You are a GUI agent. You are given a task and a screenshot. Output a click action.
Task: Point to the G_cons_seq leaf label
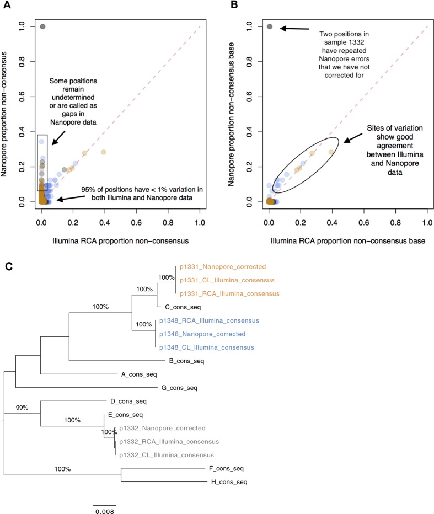click(179, 388)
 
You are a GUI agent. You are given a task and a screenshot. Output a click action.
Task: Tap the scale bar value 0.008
click(104, 511)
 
